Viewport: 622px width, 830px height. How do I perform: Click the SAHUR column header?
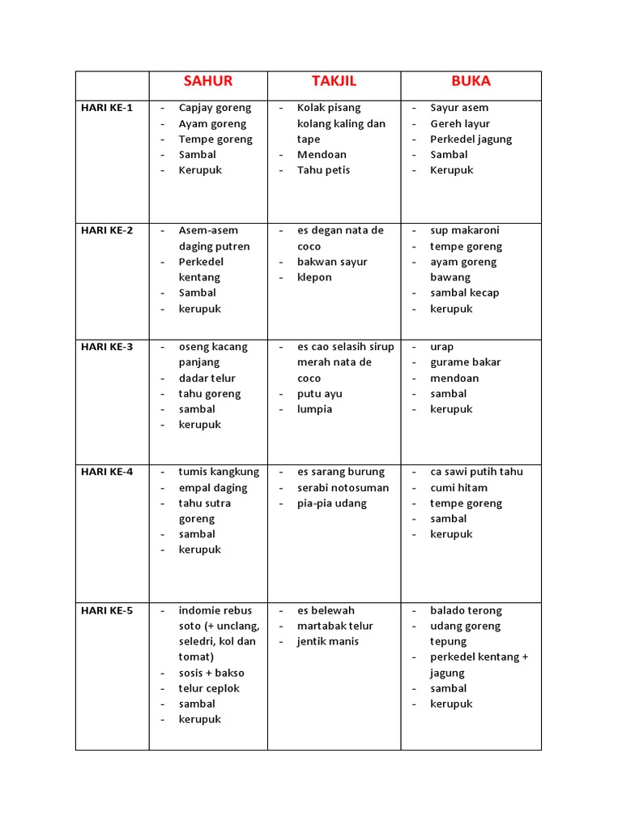click(208, 81)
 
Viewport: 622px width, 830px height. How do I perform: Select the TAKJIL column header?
click(334, 81)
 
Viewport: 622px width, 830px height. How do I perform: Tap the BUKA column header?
click(471, 81)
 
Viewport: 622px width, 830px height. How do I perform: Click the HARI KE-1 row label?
click(106, 108)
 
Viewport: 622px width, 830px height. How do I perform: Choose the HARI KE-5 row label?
click(107, 610)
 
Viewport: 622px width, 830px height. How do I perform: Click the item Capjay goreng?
click(215, 108)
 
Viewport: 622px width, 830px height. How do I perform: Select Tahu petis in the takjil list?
click(323, 170)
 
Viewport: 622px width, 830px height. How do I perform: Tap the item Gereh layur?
click(460, 124)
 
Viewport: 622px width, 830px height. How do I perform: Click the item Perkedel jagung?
click(471, 139)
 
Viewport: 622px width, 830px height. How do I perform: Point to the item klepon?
click(314, 277)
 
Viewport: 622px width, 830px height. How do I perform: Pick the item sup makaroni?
click(465, 230)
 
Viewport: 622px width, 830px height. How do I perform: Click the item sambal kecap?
click(464, 293)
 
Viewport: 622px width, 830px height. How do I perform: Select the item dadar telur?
click(207, 379)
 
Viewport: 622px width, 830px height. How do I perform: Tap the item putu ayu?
click(319, 394)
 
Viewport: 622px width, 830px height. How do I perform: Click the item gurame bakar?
click(465, 362)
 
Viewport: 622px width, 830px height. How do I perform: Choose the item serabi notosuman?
click(343, 488)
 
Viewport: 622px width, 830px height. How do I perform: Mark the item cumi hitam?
click(459, 488)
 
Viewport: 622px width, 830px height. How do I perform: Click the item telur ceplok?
click(209, 688)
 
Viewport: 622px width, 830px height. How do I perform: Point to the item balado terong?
click(466, 610)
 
